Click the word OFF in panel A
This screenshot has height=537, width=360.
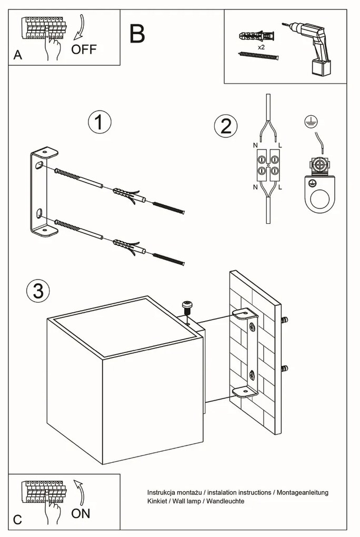pos(84,49)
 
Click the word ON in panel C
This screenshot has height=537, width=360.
pos(81,513)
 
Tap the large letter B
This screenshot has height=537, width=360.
pos(137,34)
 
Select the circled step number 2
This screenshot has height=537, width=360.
pos(226,126)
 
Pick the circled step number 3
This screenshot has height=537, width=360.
pos(38,291)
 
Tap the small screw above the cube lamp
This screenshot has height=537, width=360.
pos(186,305)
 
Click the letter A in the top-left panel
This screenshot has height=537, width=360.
pos(18,56)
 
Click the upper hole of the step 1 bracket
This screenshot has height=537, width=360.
pos(38,165)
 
